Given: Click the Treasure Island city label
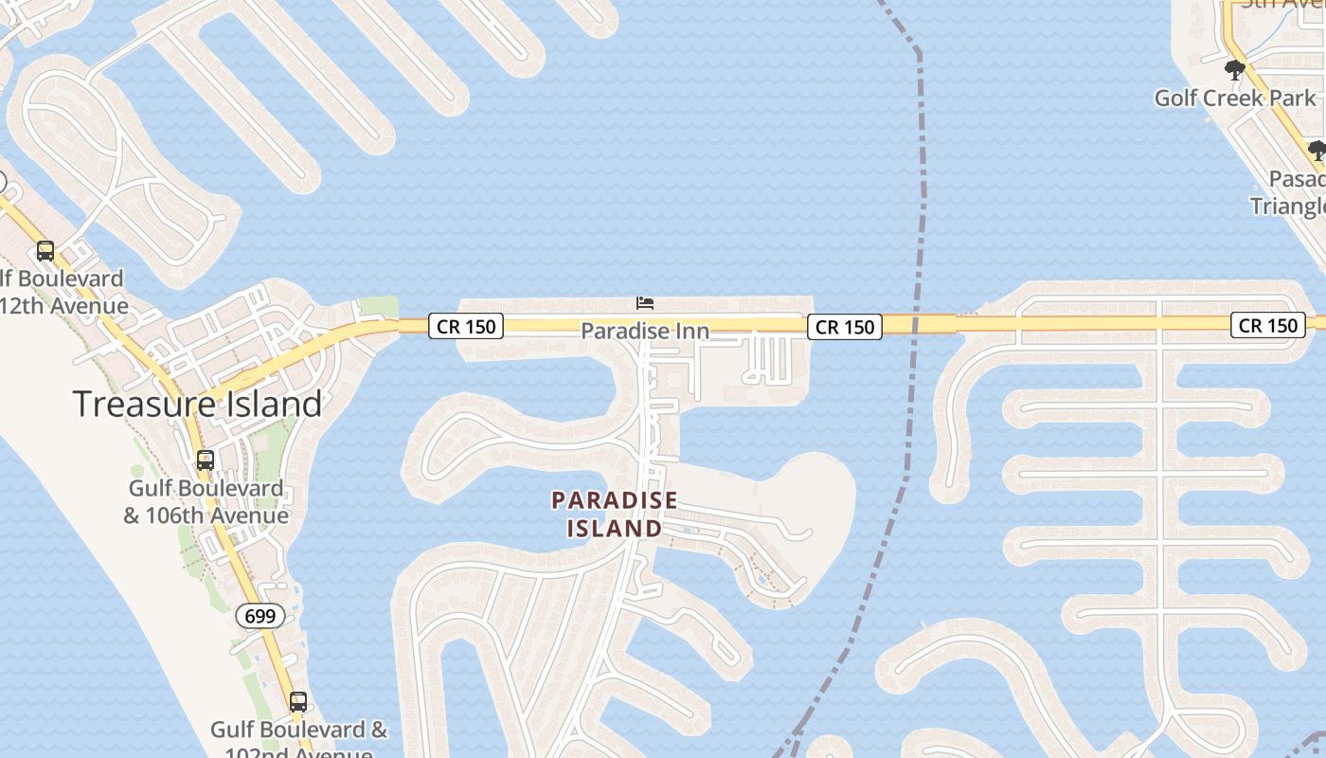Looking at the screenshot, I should [198, 405].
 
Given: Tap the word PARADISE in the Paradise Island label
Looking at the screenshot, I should [615, 499].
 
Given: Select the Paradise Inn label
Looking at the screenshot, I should [645, 331].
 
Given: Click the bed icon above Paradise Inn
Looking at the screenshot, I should [645, 303].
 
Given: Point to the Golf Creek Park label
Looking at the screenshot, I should [1235, 98].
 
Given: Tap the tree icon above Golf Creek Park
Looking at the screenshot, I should [1234, 69].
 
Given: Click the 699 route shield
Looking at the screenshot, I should [260, 617].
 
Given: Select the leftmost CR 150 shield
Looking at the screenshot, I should [465, 327].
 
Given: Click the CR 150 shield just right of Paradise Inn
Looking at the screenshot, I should [845, 327].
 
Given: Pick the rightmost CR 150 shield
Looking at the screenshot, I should [1268, 326].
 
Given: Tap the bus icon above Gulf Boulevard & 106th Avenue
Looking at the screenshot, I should [206, 460].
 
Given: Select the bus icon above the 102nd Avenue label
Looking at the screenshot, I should [298, 702].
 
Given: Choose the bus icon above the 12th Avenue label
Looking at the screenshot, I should [45, 251].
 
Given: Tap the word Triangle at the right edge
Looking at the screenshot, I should [1288, 206].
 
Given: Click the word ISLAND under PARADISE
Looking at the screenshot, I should [615, 529].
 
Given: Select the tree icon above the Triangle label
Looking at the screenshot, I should [1317, 150].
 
